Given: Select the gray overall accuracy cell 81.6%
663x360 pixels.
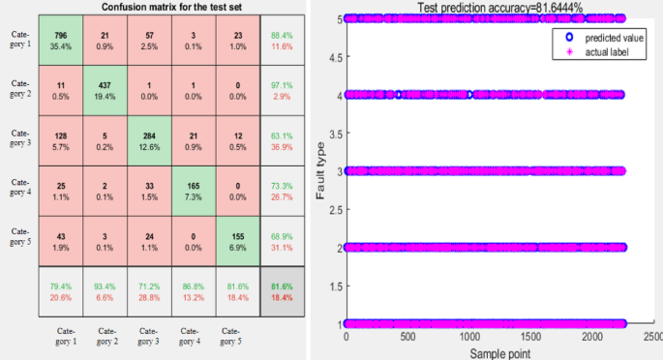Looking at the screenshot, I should (284, 290).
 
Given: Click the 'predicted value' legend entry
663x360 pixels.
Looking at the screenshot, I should (600, 36).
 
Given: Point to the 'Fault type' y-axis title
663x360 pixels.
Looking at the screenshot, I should (321, 171).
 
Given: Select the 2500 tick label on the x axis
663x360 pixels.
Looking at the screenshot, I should (653, 339).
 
